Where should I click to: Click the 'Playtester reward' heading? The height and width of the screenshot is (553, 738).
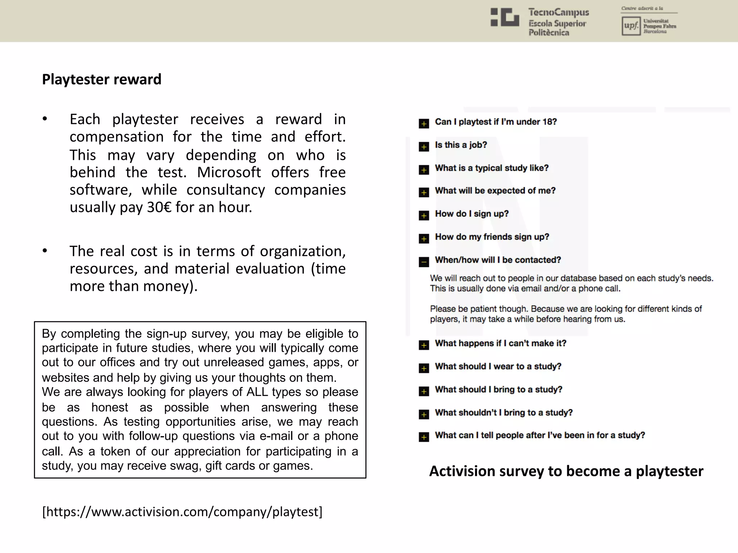[x=102, y=80]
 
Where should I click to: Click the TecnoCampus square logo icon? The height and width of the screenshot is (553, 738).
[x=505, y=17]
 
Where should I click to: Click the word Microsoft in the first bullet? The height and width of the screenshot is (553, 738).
[x=229, y=172]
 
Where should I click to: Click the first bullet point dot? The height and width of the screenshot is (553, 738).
[x=45, y=119]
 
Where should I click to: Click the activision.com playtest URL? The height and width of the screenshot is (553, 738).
[x=182, y=512]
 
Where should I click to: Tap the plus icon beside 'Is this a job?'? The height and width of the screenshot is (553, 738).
[x=424, y=147]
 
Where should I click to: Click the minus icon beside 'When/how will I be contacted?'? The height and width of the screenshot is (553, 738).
[x=424, y=262]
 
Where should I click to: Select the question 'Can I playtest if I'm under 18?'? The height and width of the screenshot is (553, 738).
[x=495, y=122]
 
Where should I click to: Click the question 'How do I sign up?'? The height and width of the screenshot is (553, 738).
[x=471, y=214]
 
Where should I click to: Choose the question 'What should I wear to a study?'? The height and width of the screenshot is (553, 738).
[x=498, y=367]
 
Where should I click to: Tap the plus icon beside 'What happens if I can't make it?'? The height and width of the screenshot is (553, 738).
[x=424, y=345]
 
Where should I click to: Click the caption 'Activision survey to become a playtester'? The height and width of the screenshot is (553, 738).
[x=566, y=471]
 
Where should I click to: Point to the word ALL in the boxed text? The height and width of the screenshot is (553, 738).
[x=257, y=392]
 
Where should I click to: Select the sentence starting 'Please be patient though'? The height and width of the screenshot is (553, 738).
[x=565, y=314]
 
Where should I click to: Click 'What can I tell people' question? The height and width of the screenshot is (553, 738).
[x=539, y=435]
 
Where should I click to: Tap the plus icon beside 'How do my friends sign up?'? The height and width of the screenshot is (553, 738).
[x=424, y=239]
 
